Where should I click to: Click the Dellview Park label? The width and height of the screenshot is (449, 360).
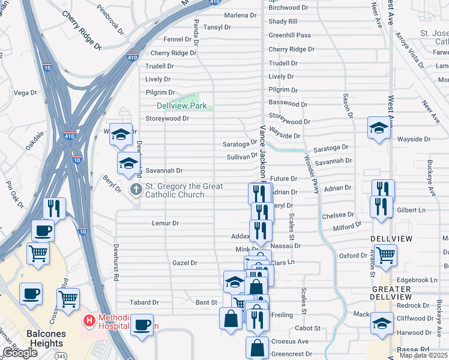pos(181,106)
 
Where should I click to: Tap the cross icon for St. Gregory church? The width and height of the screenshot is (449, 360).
pos(136,190)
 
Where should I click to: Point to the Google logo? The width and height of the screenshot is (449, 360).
pos(20,353)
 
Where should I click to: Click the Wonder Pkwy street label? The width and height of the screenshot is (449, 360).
pos(312,175)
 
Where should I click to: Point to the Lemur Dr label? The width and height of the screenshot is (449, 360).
pos(167,223)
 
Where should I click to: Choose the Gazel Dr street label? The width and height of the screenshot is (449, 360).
pos(185,263)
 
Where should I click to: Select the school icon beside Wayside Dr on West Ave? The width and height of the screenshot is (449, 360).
pos(379,127)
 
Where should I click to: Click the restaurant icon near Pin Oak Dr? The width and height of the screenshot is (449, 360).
pos(55,208)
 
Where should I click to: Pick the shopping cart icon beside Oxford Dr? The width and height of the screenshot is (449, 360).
pos(385,254)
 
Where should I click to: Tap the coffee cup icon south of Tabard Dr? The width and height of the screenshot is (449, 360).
pos(142,325)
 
